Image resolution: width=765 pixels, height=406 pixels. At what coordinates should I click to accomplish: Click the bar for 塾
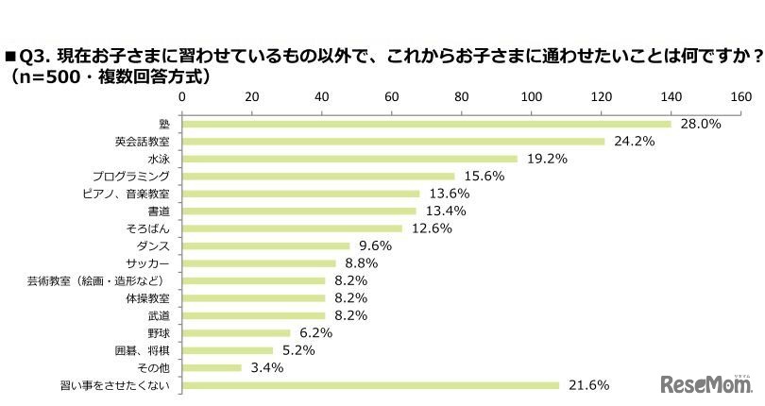coord(426,124)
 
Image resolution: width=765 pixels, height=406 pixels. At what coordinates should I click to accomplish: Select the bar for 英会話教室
coord(393,142)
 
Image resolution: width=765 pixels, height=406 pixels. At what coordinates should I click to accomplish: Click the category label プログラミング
coord(131,177)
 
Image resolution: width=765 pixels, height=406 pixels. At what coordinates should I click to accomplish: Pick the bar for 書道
coord(298,211)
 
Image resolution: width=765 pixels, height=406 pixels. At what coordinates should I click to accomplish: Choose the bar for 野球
coord(236,332)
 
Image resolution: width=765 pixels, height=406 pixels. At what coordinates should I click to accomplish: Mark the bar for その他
coord(212,367)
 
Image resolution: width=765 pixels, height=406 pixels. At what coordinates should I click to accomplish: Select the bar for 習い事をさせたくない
coord(370,385)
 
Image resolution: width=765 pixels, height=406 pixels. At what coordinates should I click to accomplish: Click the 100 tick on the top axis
coord(531,96)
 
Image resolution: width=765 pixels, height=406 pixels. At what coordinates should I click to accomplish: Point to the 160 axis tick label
coord(740,96)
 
